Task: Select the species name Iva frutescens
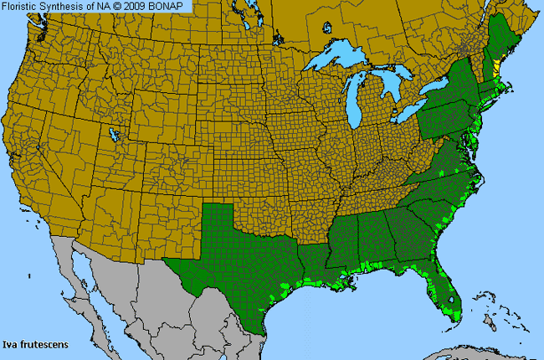click(x=35, y=344)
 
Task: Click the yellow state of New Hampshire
click(x=495, y=65)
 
